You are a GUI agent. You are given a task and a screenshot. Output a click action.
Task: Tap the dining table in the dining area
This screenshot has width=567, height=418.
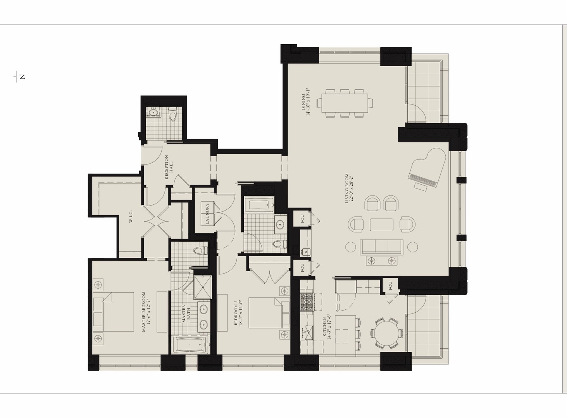pyautogui.click(x=345, y=103)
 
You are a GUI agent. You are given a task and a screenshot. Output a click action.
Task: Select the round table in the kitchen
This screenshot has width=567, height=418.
pyautogui.click(x=386, y=334)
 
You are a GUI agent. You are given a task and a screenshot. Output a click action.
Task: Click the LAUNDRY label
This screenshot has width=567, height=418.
pyautogui.click(x=207, y=214)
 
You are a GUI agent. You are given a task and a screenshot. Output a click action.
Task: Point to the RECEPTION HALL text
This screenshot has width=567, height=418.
pyautogui.click(x=169, y=167)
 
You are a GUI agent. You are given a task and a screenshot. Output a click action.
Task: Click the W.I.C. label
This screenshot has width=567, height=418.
pyautogui.click(x=131, y=216)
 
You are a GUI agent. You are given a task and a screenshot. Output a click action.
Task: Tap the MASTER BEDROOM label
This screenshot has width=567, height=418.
pyautogui.click(x=146, y=312)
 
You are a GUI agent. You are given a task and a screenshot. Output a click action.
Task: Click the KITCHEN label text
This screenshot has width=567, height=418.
pyautogui.click(x=327, y=329)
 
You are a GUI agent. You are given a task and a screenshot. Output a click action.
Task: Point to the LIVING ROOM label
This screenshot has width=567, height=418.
pyautogui.click(x=349, y=188)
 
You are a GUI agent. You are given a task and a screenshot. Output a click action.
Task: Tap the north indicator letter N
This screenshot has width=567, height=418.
pyautogui.click(x=22, y=77)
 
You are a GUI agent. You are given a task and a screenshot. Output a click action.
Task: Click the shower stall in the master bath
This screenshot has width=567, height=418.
pyautogui.click(x=203, y=287)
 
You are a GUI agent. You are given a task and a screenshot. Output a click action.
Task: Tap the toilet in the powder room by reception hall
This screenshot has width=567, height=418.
pyautogui.click(x=173, y=114)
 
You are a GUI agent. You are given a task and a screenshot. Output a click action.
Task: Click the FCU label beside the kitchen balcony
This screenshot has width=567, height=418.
pyautogui.click(x=390, y=286)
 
